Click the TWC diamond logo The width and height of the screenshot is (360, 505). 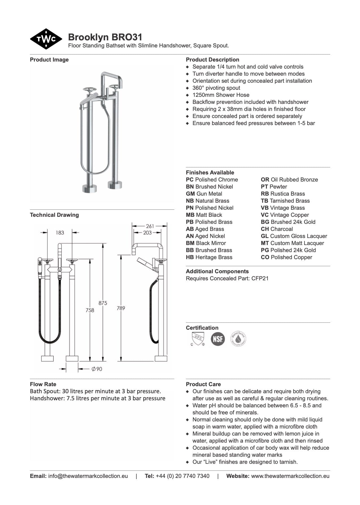pos(46,39)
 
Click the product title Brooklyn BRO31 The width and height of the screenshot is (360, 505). pos(105,37)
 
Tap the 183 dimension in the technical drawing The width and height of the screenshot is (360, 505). pos(60,233)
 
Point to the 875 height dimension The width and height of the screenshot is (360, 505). pos(103,303)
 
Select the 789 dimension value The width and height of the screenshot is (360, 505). pos(121,308)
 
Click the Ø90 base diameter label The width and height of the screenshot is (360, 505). pos(97,369)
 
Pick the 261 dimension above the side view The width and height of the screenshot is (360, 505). pos(150,226)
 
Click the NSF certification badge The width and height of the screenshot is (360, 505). pos(218,339)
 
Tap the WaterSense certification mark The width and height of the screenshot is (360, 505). pos(238,339)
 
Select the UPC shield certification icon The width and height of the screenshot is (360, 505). pos(198,339)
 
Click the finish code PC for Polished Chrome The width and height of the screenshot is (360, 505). pos(190,180)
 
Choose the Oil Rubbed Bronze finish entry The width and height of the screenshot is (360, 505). pos(289,180)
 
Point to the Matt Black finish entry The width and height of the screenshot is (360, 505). pos(204,215)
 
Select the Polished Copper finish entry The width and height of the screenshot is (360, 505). pos(287,257)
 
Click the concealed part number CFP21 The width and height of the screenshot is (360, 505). pos(260,278)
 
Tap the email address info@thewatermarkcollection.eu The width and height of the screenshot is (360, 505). pos(88,476)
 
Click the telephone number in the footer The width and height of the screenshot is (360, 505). pos(182,476)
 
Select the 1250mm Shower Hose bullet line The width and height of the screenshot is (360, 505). pos(221,95)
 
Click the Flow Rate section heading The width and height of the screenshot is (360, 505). pos(43,384)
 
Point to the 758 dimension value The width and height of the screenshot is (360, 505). pos(90,310)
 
